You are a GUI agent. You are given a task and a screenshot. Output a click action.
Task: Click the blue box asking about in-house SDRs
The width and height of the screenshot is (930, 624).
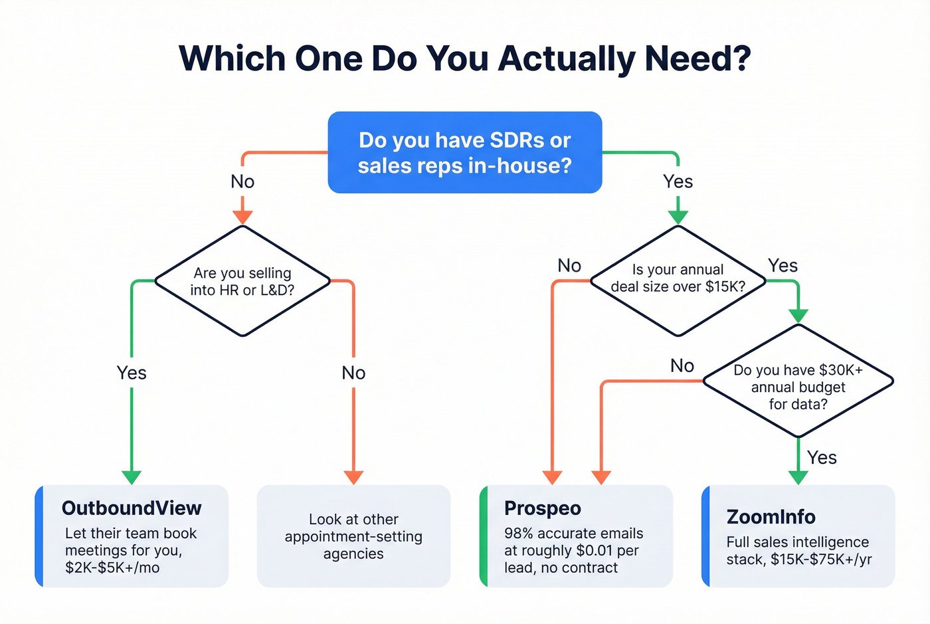point(464,153)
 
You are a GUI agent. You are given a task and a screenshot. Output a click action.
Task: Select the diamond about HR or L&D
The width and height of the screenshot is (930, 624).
point(242,281)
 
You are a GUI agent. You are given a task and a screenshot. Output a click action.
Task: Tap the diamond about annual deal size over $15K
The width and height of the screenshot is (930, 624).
point(678,278)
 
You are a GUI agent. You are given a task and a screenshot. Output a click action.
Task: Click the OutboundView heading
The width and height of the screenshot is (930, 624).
point(132,508)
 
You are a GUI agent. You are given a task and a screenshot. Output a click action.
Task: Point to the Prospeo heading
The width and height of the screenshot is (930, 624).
point(542,508)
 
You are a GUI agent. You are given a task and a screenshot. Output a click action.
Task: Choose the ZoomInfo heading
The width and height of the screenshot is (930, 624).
point(771,517)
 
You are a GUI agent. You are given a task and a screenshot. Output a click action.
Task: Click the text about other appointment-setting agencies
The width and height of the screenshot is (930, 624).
point(353,536)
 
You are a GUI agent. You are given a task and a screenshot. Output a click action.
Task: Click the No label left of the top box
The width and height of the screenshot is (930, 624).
point(242,181)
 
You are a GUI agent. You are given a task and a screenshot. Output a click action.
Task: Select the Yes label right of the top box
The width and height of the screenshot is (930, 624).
point(678,181)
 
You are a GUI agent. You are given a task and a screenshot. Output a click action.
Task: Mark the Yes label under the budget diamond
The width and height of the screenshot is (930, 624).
point(822,458)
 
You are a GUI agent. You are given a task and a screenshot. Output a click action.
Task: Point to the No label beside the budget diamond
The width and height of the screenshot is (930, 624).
point(682,366)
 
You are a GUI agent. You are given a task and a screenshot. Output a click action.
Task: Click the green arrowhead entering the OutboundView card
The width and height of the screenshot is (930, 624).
point(132,477)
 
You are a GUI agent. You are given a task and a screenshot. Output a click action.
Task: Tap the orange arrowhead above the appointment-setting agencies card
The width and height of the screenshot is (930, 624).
point(353,477)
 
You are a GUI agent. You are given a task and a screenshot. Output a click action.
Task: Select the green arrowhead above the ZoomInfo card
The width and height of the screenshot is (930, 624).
point(798,477)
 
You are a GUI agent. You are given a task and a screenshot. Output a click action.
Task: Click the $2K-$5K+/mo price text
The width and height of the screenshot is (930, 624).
point(112,568)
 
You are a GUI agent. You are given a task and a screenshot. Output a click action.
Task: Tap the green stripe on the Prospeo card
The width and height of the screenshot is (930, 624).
point(484,536)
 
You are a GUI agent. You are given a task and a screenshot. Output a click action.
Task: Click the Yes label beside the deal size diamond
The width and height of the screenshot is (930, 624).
point(783,266)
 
